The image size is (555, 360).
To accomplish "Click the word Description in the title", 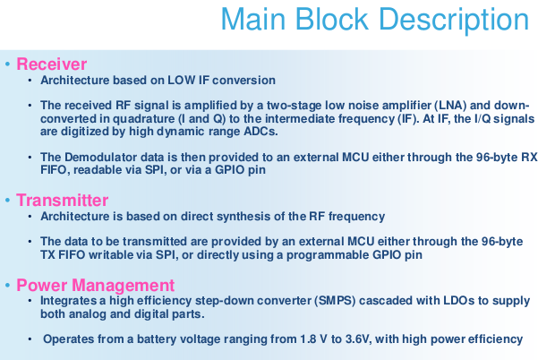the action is click(454, 21).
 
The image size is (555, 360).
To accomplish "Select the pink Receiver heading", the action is click(52, 64).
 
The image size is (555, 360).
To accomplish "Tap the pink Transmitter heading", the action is click(63, 200).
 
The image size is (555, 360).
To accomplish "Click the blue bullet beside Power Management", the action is click(7, 286).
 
